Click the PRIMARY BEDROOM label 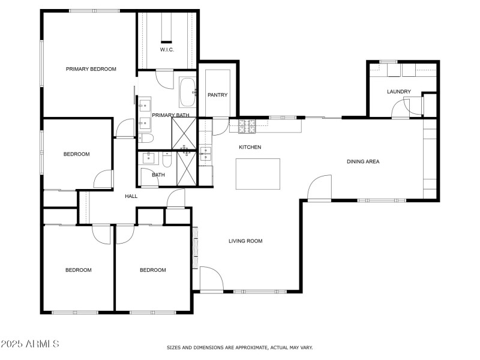[91, 69]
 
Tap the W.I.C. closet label [167, 49]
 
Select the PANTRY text [216, 95]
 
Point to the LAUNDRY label [398, 92]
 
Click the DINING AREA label [363, 161]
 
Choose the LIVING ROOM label [245, 241]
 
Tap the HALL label [131, 196]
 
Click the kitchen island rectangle [258, 173]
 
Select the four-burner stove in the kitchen [247, 127]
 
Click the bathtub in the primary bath [187, 92]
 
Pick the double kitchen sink [205, 155]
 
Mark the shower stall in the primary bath [184, 132]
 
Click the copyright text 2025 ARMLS [30, 344]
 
